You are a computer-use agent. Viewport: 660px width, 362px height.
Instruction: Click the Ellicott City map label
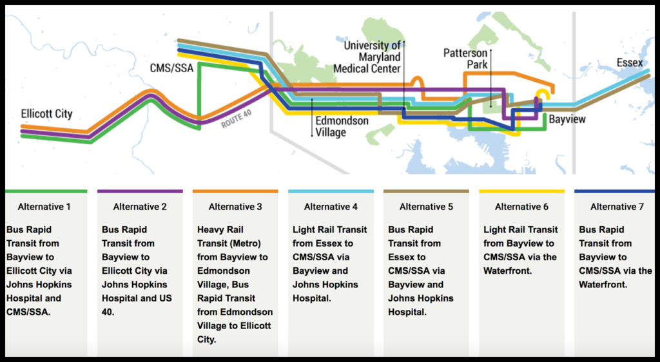46,114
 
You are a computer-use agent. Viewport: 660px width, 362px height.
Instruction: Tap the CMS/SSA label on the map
171,68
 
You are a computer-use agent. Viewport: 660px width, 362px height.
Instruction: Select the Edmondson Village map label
342,126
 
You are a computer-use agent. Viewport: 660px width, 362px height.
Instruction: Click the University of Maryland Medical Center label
367,57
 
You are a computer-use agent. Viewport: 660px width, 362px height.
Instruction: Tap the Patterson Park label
465,59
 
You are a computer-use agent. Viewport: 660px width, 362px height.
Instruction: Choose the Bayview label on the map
567,119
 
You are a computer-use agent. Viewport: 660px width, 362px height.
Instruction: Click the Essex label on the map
630,62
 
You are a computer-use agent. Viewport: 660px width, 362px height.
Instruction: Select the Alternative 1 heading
44,206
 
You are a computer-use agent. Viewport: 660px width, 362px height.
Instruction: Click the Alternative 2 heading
140,206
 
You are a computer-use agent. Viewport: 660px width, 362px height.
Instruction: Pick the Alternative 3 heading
235,206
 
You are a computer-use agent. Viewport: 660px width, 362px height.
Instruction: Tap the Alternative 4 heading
331,206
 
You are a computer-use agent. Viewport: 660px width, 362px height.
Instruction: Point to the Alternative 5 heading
427,206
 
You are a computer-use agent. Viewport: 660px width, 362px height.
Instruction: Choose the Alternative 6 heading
521,206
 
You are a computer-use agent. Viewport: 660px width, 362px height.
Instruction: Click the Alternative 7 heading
617,206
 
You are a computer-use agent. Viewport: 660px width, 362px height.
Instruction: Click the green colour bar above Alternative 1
46,191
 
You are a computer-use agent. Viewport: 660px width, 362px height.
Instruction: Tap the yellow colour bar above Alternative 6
521,191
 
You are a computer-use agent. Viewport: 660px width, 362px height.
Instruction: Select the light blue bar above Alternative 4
331,191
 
